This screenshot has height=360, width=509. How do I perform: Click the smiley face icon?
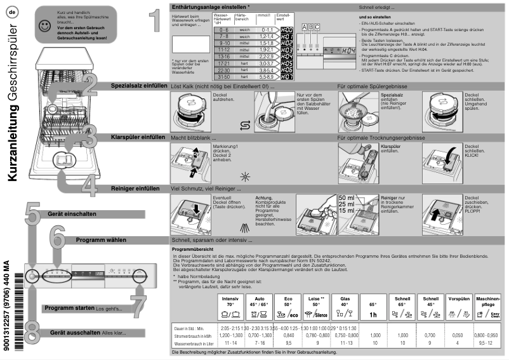tap(43, 26)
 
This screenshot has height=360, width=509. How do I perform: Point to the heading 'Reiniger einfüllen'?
tap(135, 189)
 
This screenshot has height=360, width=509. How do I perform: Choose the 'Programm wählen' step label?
tap(101, 241)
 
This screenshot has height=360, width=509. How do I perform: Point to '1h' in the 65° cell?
tap(374, 314)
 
